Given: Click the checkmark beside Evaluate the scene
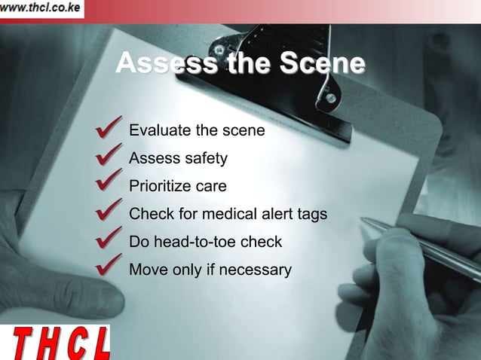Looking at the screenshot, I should tap(109, 128).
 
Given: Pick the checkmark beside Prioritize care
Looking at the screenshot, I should tap(109, 184).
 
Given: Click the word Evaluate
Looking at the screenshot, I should tap(161, 130).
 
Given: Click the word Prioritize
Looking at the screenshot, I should tap(161, 187).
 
